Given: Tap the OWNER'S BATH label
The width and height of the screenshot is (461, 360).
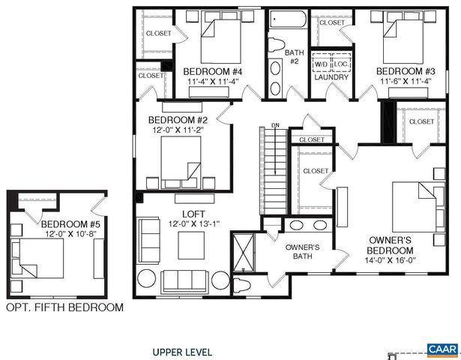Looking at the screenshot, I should (303, 252).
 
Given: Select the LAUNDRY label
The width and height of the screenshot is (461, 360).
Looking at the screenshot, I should (331, 76).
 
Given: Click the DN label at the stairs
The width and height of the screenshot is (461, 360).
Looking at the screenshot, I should (275, 125).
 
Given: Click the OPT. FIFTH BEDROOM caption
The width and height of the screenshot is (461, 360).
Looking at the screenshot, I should (64, 307).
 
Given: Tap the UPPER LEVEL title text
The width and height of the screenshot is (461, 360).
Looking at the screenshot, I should (182, 351).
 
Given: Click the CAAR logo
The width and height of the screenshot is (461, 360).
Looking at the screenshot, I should (442, 349).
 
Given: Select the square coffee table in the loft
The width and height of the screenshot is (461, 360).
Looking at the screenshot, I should (190, 244).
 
